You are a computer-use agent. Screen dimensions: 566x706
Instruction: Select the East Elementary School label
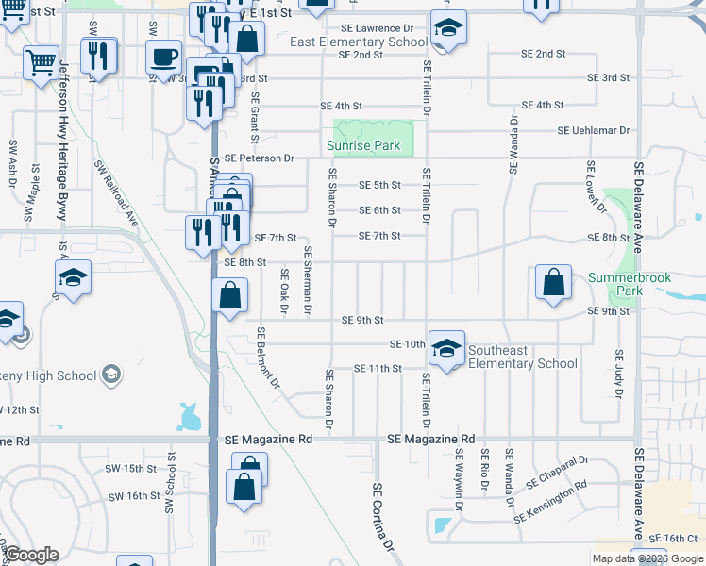click(x=359, y=42)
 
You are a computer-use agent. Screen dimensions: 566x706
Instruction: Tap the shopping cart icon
click(x=41, y=63)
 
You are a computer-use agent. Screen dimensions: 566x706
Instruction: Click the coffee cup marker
click(x=164, y=57)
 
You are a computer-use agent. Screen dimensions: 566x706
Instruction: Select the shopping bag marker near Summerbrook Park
click(x=553, y=281)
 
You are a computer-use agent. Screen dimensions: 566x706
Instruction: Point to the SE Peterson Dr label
click(x=260, y=158)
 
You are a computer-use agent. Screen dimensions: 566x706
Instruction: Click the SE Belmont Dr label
click(x=267, y=358)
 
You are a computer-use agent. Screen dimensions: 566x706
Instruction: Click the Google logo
click(x=31, y=555)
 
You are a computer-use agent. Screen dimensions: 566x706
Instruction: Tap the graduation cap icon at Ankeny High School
click(x=111, y=375)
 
